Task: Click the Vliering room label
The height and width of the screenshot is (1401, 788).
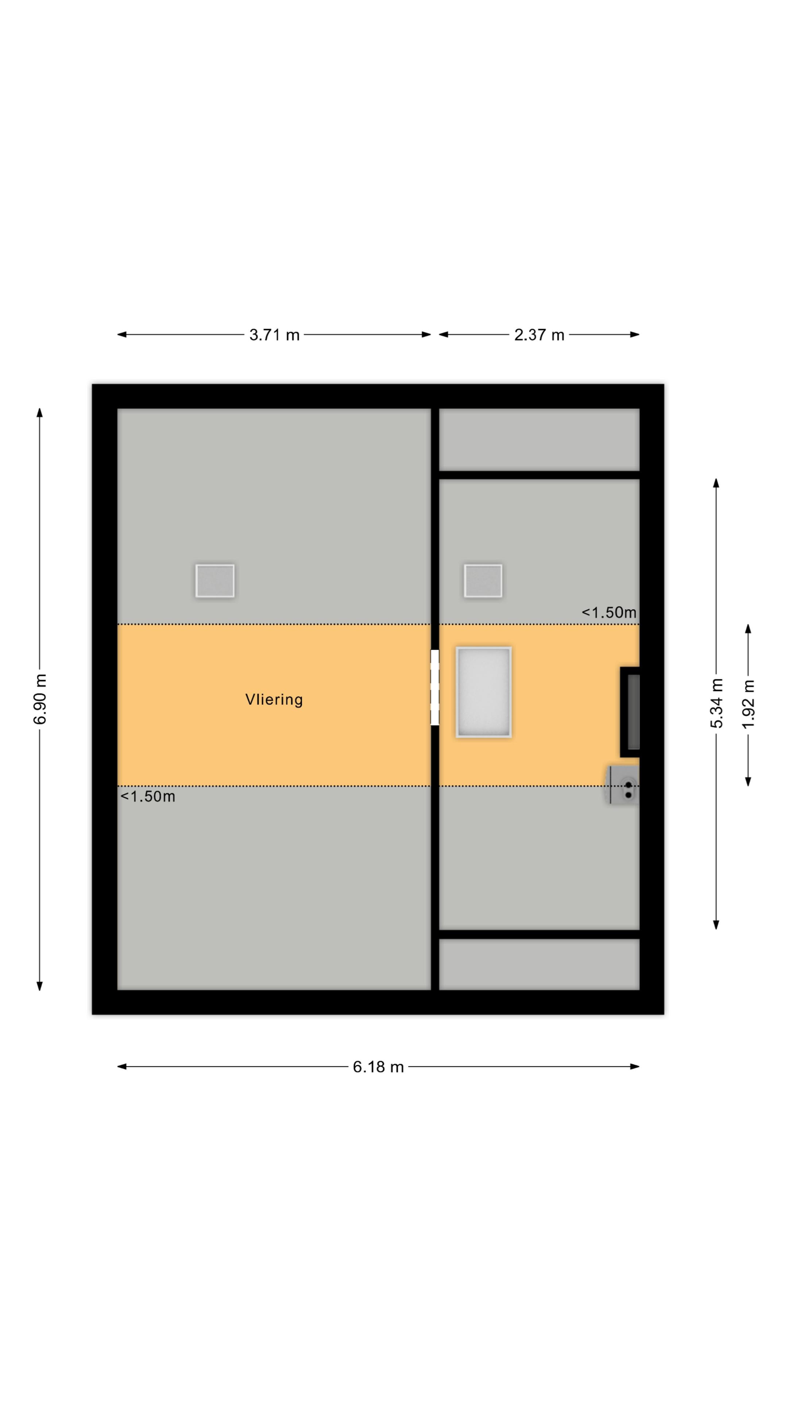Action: pos(274,699)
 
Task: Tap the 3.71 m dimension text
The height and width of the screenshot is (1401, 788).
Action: pos(274,335)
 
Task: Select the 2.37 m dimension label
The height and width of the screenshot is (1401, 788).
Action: pos(539,335)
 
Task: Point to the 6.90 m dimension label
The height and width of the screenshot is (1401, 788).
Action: pos(40,699)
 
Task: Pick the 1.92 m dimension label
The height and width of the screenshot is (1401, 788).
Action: pos(748,704)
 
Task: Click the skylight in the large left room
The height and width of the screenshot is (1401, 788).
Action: pos(215,581)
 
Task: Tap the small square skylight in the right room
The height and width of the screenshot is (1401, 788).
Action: pos(483,581)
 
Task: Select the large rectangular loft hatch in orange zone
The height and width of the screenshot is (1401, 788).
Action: pos(483,692)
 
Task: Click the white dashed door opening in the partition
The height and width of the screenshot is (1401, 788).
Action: pos(434,687)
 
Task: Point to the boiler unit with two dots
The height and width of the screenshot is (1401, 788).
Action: pos(623,785)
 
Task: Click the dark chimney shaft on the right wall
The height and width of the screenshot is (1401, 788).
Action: pos(630,712)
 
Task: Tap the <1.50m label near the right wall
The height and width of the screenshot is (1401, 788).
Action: pos(609,613)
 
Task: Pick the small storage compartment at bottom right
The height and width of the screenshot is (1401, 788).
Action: pos(539,965)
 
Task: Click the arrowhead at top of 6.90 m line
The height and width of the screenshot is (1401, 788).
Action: pos(40,413)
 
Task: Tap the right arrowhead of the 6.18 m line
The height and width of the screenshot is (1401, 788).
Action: pos(635,1067)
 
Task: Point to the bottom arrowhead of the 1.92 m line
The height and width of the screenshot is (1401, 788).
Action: pos(748,781)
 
